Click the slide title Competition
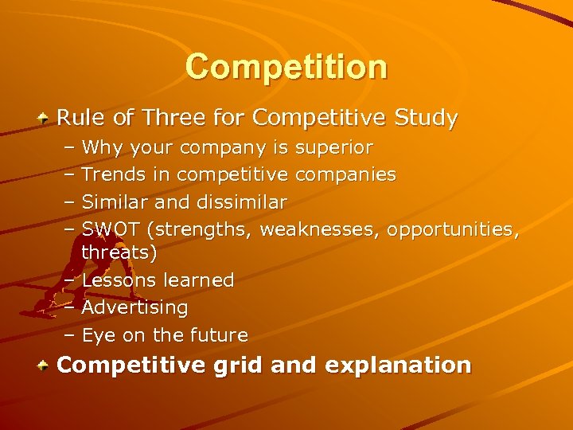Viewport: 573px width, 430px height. tap(286, 67)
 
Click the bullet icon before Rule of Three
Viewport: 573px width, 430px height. tap(46, 119)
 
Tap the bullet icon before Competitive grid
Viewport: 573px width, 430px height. tap(46, 366)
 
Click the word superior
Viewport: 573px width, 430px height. tap(333, 147)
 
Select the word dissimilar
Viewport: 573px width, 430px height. tap(246, 201)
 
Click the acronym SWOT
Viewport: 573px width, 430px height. tap(112, 229)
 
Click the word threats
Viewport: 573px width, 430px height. tap(119, 252)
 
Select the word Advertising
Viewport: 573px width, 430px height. tap(134, 307)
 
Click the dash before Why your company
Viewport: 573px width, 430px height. tap(69, 147)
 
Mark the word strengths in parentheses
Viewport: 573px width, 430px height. tap(201, 229)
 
